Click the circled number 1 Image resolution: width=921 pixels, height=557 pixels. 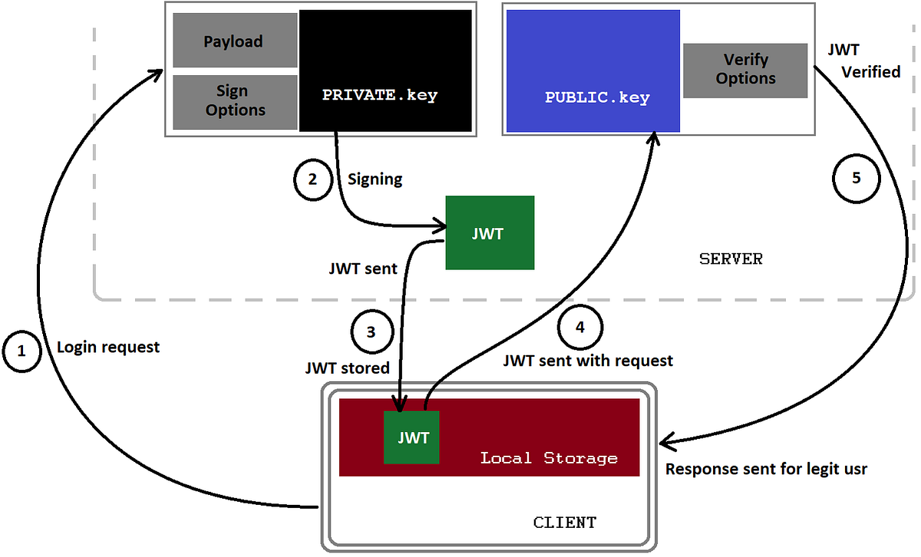click(x=21, y=351)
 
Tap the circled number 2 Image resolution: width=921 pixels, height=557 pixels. click(x=312, y=179)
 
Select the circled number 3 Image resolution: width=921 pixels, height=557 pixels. click(x=371, y=332)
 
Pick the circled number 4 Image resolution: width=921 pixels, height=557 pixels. click(x=580, y=326)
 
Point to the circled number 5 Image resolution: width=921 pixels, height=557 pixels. click(x=856, y=178)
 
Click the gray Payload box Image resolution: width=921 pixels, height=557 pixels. click(x=233, y=41)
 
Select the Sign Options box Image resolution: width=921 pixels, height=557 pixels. click(x=235, y=101)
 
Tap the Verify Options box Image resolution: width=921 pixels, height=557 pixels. click(x=745, y=70)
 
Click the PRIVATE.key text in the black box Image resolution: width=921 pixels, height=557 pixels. click(x=379, y=97)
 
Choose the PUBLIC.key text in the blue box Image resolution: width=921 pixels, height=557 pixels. click(x=597, y=98)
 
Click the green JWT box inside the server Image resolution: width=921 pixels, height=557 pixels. click(x=490, y=233)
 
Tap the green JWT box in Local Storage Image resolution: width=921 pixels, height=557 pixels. click(x=411, y=437)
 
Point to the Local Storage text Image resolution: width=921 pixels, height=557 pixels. click(x=549, y=458)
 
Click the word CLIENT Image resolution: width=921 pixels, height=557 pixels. click(x=564, y=522)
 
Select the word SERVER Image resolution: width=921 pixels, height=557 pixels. click(x=731, y=259)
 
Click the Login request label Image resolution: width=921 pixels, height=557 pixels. click(x=108, y=347)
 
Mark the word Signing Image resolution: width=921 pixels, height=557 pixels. click(x=375, y=179)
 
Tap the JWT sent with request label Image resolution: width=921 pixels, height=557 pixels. click(x=588, y=360)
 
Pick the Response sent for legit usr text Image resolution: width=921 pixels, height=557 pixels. click(x=766, y=469)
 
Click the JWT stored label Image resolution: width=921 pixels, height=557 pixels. click(x=348, y=368)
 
